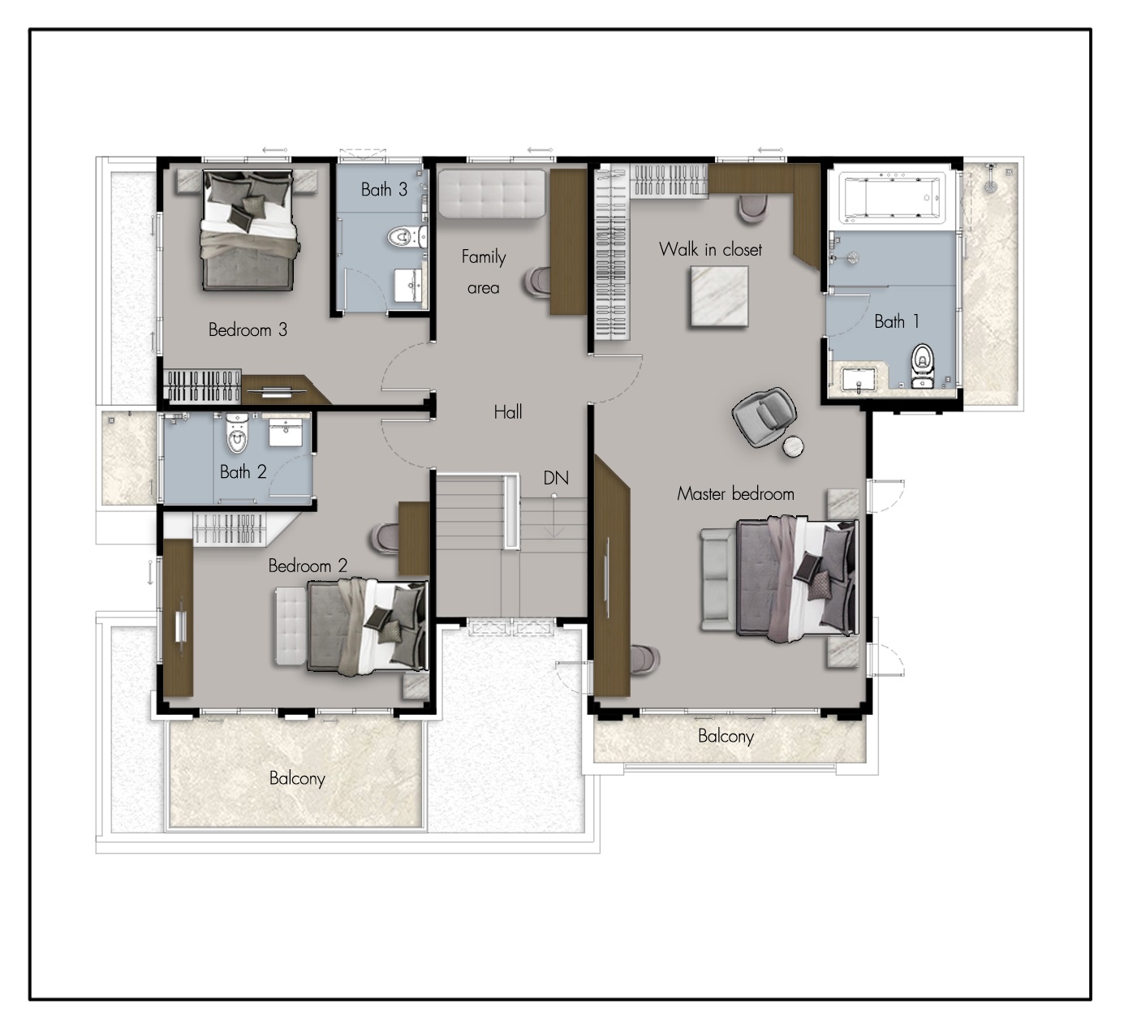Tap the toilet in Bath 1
(x=922, y=365)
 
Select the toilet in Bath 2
(x=237, y=433)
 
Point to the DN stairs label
(x=556, y=478)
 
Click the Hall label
(x=508, y=412)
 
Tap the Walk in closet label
(x=710, y=249)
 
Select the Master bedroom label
(x=735, y=494)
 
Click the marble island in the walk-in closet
(x=719, y=296)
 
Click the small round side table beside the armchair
(x=792, y=447)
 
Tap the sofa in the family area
(x=492, y=194)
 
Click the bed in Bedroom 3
(x=248, y=230)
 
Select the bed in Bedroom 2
(x=368, y=626)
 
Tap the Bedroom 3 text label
(x=248, y=329)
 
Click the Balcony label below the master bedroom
(x=726, y=736)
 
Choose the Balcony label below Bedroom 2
(x=297, y=778)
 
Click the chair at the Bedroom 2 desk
(x=384, y=538)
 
